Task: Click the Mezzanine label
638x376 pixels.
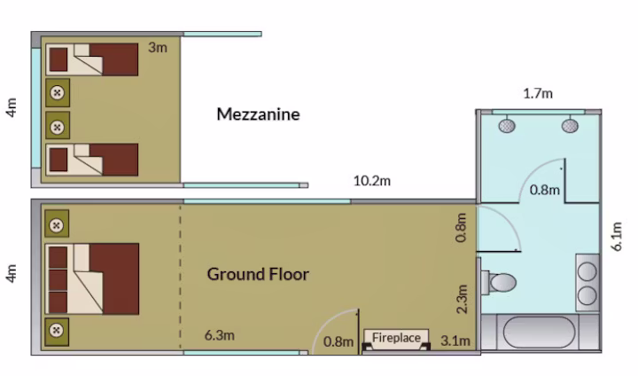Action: (x=258, y=114)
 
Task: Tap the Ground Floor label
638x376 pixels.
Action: (x=258, y=274)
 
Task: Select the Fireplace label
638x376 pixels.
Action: (x=396, y=338)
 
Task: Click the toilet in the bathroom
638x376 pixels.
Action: (x=499, y=282)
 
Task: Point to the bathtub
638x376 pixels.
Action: (x=540, y=332)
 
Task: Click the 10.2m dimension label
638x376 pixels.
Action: (x=372, y=181)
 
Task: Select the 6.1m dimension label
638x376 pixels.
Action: (x=618, y=236)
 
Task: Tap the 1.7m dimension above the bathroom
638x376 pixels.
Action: (x=538, y=94)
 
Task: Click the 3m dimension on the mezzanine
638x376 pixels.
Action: (x=158, y=48)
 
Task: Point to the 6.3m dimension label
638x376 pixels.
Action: (x=220, y=335)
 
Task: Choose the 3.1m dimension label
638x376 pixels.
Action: (x=455, y=341)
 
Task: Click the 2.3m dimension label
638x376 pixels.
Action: (x=462, y=299)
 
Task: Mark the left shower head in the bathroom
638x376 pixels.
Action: (x=507, y=125)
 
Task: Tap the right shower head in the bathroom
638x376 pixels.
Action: (x=570, y=125)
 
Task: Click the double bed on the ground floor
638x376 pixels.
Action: (x=92, y=279)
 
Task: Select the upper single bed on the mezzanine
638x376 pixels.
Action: (x=92, y=59)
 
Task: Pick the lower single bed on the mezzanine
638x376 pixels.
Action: (x=92, y=160)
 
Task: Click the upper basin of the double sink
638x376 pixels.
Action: (x=587, y=271)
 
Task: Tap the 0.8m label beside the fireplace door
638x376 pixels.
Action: (x=338, y=341)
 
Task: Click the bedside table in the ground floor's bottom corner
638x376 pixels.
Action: (x=57, y=331)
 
